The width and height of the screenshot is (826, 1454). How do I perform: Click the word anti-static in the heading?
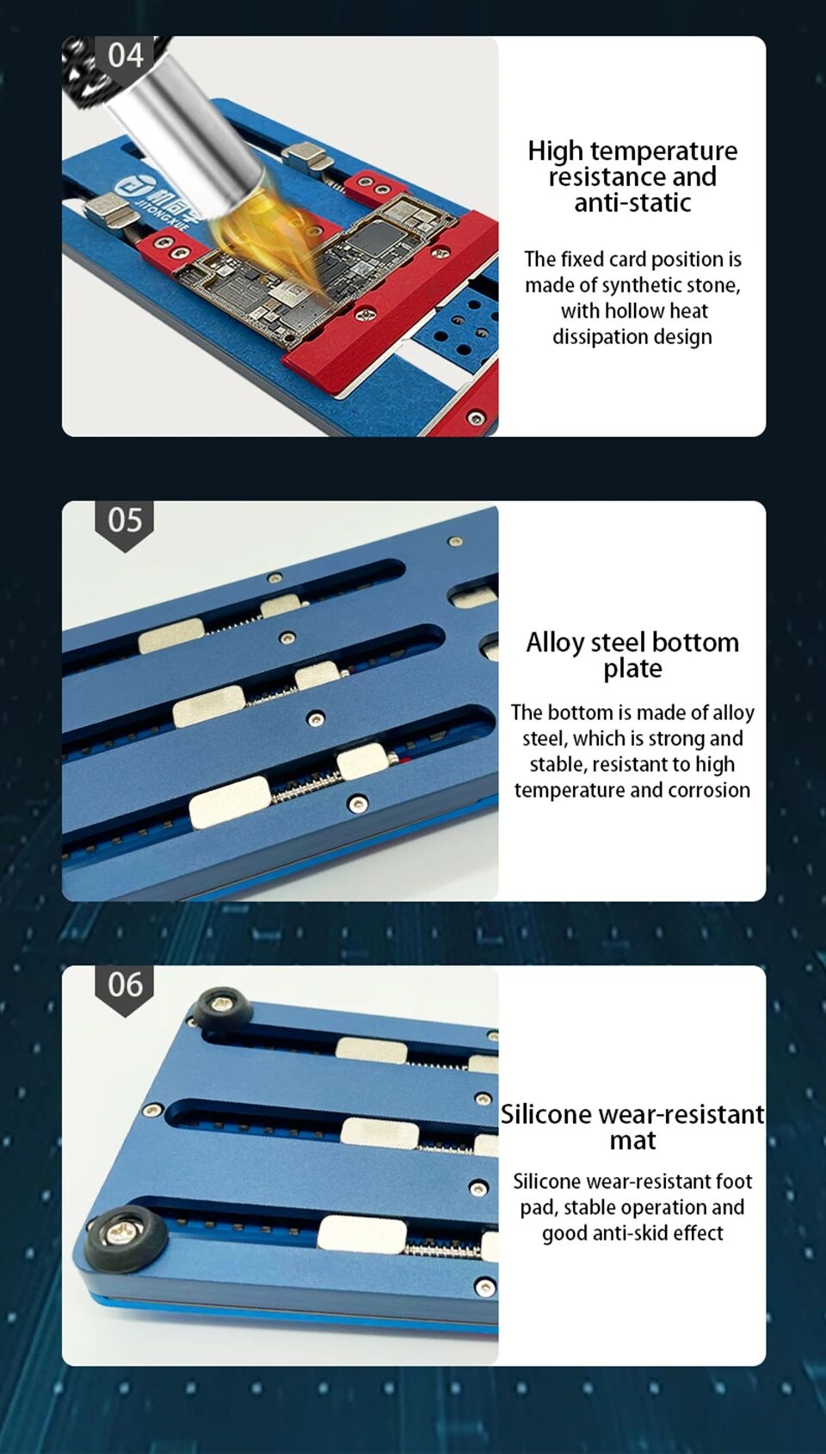(632, 202)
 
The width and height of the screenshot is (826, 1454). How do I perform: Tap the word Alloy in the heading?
(555, 644)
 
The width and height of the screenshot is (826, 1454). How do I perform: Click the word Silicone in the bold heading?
(546, 1114)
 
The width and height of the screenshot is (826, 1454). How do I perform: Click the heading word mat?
(632, 1141)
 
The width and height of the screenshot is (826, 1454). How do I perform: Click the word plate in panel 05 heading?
(632, 669)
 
